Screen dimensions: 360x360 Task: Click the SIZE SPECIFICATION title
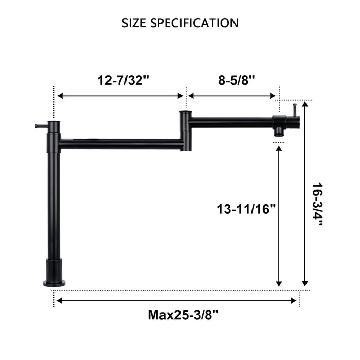click(180, 23)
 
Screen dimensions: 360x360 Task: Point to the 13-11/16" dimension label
click(246, 209)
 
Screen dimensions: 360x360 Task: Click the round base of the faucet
click(54, 282)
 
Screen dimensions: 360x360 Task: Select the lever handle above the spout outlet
click(295, 110)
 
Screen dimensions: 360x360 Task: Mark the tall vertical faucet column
click(54, 206)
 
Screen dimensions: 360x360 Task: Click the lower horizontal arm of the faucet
click(121, 145)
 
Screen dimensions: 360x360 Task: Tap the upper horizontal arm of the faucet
click(231, 122)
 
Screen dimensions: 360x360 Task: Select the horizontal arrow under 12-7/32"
click(121, 96)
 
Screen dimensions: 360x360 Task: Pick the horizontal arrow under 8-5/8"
click(233, 96)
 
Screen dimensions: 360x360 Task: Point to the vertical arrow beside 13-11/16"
click(279, 216)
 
